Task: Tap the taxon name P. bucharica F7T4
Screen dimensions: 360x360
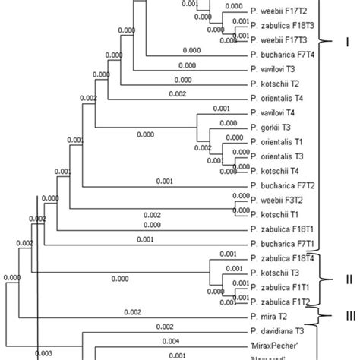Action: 280,56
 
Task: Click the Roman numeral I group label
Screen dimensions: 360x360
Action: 346,42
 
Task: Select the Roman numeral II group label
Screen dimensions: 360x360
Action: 348,279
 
